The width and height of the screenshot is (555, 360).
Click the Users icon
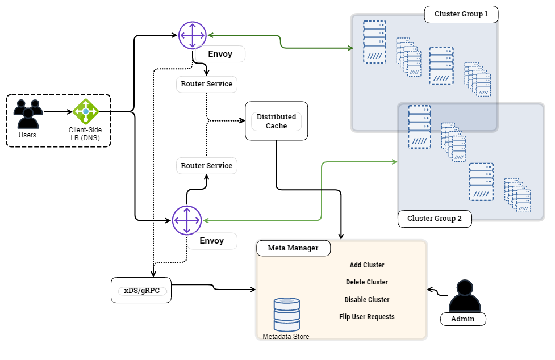coord(28,114)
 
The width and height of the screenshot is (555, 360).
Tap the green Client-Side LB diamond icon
coord(86,112)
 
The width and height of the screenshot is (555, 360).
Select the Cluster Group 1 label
coord(461,14)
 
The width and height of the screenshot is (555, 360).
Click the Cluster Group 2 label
coord(435,219)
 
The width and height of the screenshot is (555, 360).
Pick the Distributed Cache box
coord(276,121)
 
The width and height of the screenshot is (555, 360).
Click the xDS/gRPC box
coord(141,290)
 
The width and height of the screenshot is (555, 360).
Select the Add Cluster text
coord(367,265)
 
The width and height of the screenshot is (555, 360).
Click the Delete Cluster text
coord(367,282)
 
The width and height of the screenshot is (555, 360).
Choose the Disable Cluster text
coord(367,300)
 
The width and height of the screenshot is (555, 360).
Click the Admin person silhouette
coord(464,296)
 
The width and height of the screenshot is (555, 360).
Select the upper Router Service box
coord(206,84)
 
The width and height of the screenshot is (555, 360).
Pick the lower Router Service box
coord(206,166)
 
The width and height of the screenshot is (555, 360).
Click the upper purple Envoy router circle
coord(193,35)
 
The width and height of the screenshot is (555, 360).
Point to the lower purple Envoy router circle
coord(187,220)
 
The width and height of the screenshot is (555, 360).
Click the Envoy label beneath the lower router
coord(211,241)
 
